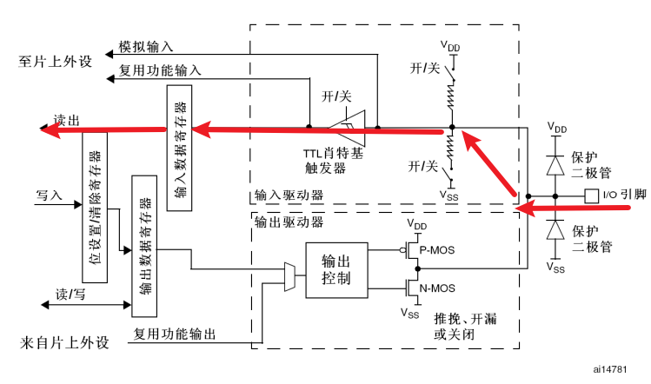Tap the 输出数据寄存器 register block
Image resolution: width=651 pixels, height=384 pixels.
pyautogui.click(x=143, y=244)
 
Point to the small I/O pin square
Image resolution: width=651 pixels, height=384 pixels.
pyautogui.click(x=591, y=194)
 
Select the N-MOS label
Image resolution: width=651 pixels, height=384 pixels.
pyautogui.click(x=436, y=288)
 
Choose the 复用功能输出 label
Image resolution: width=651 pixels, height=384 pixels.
pyautogui.click(x=174, y=333)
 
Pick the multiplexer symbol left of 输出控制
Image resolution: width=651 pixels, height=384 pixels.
pyautogui.click(x=289, y=275)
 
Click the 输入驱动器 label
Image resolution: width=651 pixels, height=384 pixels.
pyautogui.click(x=288, y=197)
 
